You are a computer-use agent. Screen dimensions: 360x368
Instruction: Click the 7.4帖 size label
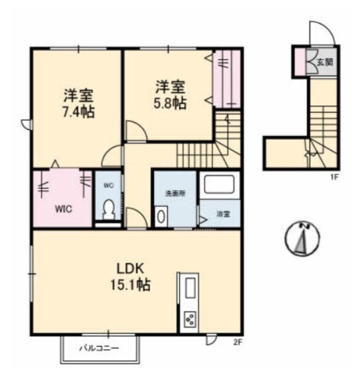pos(79,112)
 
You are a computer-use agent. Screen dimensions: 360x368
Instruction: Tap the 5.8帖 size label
pos(170,103)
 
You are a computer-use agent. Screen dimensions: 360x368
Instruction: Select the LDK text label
pos(131,269)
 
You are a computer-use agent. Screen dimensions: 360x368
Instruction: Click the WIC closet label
pos(63,209)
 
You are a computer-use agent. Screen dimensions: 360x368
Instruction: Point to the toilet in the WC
pos(109,210)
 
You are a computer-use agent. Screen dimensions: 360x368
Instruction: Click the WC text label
pos(109,185)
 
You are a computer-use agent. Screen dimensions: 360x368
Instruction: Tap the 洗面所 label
pos(176,193)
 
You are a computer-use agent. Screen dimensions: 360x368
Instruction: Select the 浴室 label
pos(223,214)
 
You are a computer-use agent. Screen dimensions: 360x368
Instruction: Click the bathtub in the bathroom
pos(219,184)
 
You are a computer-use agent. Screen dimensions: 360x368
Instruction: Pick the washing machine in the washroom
pos(161,216)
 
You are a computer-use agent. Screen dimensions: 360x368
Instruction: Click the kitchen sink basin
pos(190,288)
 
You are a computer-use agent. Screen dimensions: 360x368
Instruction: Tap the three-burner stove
pos(190,319)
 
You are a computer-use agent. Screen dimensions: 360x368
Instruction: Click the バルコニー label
pos(99,348)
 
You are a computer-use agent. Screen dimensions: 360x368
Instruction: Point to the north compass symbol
pos(302,238)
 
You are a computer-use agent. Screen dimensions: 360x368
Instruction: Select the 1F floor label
pos(334,177)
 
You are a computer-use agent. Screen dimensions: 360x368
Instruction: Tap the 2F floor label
pos(237,342)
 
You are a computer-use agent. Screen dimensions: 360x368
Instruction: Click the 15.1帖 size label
pos(131,284)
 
